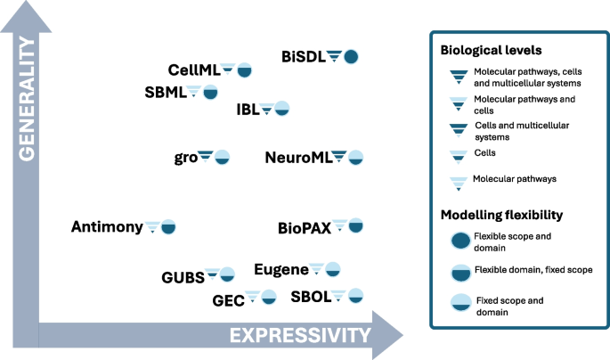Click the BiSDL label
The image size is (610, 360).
point(304,56)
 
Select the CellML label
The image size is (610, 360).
point(193,70)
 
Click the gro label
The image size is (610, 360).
point(185,158)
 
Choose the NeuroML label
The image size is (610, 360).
point(298,158)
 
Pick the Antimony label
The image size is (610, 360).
point(107,227)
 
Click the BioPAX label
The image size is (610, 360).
point(304,227)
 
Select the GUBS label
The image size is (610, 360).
point(183,275)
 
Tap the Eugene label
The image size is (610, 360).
point(281,269)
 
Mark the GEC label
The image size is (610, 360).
point(228,299)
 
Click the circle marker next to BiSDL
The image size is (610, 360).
point(351,56)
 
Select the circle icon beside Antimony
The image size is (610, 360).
point(168,226)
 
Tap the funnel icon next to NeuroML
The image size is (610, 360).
point(339,157)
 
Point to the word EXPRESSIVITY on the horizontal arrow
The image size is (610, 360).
point(299,335)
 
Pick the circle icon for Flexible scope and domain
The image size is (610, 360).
point(460,240)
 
